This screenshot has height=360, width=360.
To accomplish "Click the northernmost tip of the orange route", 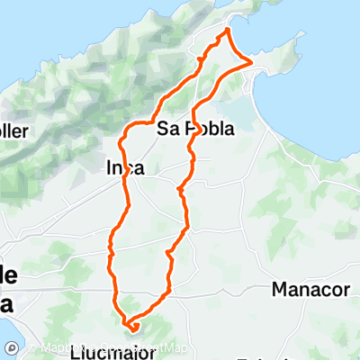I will (x=228, y=29).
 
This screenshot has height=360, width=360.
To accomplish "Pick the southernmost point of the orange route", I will (x=132, y=330).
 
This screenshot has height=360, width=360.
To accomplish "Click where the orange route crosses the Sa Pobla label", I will (x=190, y=129).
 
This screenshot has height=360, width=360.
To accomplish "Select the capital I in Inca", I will (x=110, y=168).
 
